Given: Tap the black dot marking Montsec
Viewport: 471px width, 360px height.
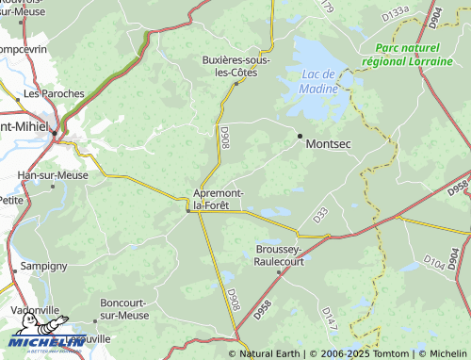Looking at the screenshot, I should (300, 137).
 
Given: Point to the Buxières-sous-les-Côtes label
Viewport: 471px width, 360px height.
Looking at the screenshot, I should (236, 66).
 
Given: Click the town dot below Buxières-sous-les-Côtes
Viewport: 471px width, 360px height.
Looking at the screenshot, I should (235, 83).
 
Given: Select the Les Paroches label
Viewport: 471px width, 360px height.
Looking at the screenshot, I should (54, 94).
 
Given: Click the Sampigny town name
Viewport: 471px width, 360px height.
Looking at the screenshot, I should (44, 267).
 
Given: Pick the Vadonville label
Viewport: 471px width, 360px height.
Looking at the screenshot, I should (35, 310).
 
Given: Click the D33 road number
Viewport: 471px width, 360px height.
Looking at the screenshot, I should (319, 216).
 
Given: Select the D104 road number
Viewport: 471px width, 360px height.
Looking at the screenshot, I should (433, 261).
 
